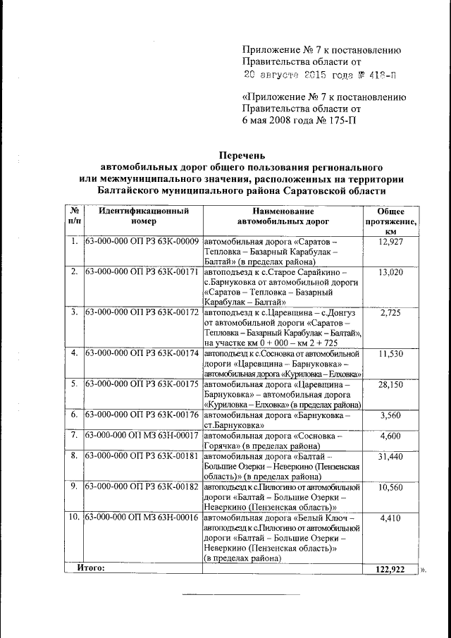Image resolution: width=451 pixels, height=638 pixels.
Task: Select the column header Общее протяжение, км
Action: (x=390, y=221)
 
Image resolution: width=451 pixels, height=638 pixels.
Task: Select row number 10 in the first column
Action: (x=74, y=518)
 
